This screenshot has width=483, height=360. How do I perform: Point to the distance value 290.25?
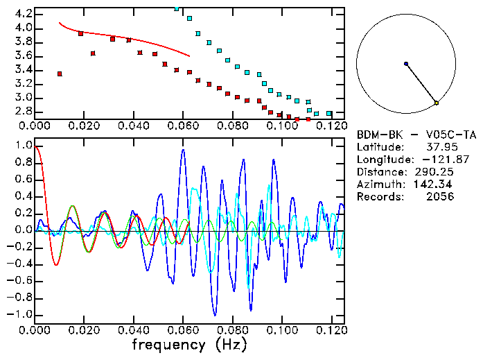tap(434, 172)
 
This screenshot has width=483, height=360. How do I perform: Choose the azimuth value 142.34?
tap(434, 185)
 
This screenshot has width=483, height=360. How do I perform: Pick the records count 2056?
tap(439, 197)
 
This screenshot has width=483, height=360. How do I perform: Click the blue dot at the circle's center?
tap(406, 64)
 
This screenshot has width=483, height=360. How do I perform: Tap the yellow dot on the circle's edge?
tap(436, 103)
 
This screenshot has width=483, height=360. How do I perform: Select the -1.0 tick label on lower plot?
tap(19, 314)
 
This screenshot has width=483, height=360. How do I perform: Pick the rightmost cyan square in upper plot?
tap(329, 113)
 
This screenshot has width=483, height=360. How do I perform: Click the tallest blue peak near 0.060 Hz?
tap(183, 150)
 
